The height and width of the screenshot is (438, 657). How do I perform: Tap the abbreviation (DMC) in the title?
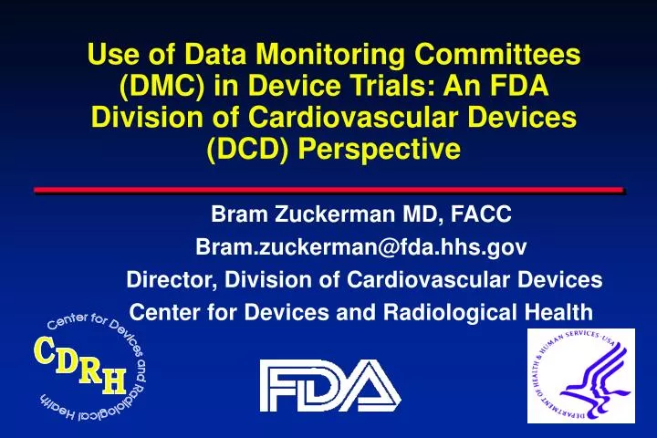click(x=168, y=88)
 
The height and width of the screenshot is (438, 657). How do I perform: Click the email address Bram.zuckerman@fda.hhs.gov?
click(x=361, y=247)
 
